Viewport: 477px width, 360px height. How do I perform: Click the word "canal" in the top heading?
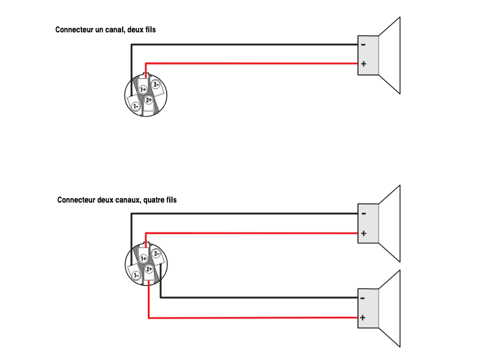tap(109, 29)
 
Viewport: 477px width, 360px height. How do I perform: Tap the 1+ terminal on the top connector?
tap(144, 89)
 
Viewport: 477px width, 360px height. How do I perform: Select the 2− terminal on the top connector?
tap(156, 84)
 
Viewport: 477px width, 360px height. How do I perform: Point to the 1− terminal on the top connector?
tap(136, 106)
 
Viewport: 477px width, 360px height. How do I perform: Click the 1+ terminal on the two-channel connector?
tap(144, 259)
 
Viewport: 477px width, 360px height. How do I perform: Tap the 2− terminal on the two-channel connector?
tap(156, 254)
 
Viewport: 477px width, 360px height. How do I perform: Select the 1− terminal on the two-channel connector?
tap(136, 275)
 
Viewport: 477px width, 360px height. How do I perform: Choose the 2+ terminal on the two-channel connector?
tap(148, 269)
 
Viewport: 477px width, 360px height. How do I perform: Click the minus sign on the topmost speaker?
tap(363, 44)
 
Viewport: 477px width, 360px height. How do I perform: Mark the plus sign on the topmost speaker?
tap(363, 63)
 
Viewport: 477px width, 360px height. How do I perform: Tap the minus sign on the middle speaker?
tap(363, 213)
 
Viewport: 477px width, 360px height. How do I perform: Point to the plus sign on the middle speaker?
tap(363, 233)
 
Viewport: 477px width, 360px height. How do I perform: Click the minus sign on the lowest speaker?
tap(363, 298)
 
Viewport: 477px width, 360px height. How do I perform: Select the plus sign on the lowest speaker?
tap(363, 317)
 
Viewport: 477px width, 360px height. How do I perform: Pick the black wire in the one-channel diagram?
tap(244, 44)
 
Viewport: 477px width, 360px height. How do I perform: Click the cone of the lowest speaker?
tap(391, 308)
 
